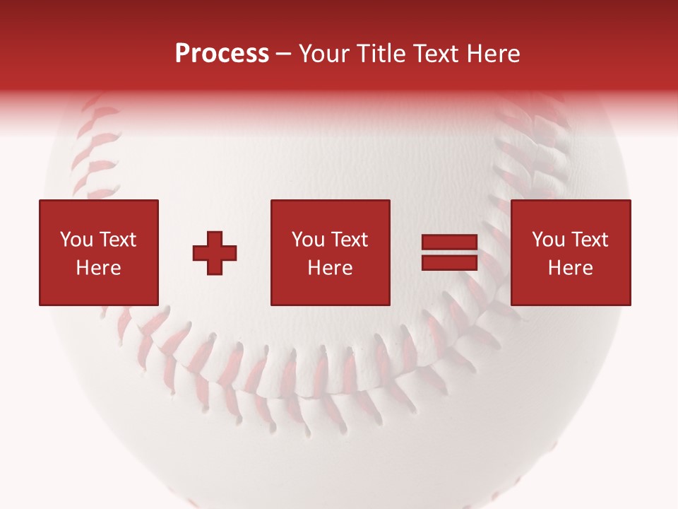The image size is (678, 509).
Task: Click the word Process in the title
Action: pos(222,54)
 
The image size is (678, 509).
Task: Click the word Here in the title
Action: pos(494,54)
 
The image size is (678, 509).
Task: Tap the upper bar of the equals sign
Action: pos(449,243)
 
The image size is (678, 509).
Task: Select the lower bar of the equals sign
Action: pos(449,263)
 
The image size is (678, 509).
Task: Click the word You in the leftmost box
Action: pos(76,240)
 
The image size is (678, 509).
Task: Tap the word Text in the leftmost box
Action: pos(118,240)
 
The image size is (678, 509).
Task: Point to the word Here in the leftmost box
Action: pos(98,268)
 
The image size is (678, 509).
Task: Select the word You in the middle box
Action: pos(308,240)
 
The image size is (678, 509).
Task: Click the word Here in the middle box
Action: pos(330,268)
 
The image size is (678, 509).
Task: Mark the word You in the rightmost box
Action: pos(548,240)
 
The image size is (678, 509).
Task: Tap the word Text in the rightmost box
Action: pos(590,240)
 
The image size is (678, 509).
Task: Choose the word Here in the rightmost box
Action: pos(570,268)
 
